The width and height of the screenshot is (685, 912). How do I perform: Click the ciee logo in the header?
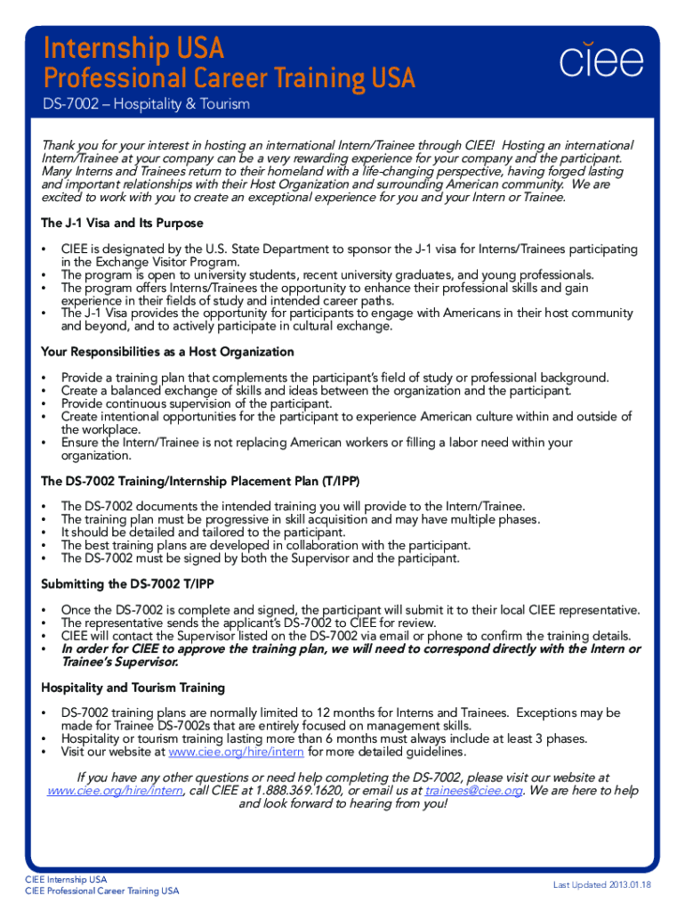pyautogui.click(x=600, y=61)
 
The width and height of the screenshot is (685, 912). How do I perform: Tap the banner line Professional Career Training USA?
pyautogui.click(x=230, y=78)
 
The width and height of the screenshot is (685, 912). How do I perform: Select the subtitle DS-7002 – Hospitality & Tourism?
pyautogui.click(x=147, y=105)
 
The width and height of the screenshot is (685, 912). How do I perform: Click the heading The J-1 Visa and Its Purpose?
pyautogui.click(x=123, y=223)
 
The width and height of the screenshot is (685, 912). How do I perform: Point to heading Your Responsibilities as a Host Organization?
pyautogui.click(x=167, y=352)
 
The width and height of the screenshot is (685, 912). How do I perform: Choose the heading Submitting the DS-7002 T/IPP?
pyautogui.click(x=127, y=584)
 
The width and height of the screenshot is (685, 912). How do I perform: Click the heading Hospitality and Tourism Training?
pyautogui.click(x=133, y=688)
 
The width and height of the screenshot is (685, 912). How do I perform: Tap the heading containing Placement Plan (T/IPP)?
pyautogui.click(x=200, y=482)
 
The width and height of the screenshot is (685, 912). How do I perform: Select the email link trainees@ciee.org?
pyautogui.click(x=473, y=791)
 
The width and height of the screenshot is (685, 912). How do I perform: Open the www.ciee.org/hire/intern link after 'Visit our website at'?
pyautogui.click(x=242, y=752)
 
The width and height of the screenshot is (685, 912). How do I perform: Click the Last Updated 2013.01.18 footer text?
pyautogui.click(x=601, y=884)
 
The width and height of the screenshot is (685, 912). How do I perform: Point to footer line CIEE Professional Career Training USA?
pyautogui.click(x=102, y=892)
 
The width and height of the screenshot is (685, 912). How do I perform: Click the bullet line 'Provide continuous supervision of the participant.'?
pyautogui.click(x=197, y=403)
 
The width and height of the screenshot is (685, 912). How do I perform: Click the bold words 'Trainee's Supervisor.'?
pyautogui.click(x=120, y=662)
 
